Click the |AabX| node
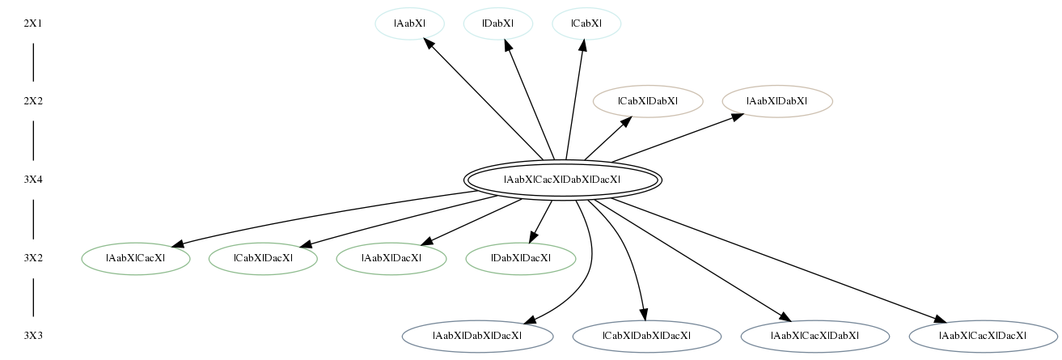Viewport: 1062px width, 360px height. click(409, 23)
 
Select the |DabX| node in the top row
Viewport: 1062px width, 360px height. click(497, 23)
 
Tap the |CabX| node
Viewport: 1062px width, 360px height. click(586, 23)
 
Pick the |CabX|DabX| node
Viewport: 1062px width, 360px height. click(648, 101)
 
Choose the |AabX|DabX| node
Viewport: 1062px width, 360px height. click(777, 101)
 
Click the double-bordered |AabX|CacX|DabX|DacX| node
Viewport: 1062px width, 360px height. click(562, 180)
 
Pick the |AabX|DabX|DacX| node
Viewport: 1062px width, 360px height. click(477, 337)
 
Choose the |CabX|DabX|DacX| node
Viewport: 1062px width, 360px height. click(647, 337)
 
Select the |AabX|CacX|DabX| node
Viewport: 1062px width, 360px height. click(815, 337)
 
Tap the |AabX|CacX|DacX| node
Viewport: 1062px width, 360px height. click(984, 337)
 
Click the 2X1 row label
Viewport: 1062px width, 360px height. click(33, 23)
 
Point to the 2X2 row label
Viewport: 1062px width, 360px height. click(33, 101)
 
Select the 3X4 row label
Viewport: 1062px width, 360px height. click(33, 180)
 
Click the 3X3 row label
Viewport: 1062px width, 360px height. click(33, 337)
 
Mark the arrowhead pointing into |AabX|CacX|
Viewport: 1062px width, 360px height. click(178, 244)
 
